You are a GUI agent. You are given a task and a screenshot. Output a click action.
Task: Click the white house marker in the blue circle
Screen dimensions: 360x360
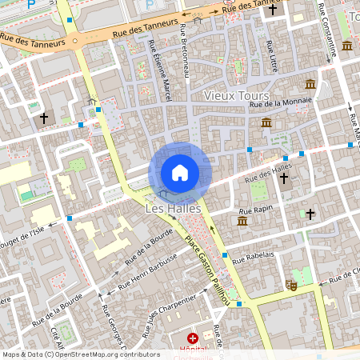180,173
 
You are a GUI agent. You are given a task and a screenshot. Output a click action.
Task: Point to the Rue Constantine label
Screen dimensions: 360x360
329,32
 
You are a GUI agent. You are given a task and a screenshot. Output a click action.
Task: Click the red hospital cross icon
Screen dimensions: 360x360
192,339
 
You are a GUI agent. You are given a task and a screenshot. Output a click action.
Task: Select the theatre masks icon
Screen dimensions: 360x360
293,284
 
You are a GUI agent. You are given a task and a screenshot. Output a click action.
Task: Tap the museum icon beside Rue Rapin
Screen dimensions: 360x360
242,220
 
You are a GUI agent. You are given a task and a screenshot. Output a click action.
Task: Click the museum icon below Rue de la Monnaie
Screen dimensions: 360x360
266,122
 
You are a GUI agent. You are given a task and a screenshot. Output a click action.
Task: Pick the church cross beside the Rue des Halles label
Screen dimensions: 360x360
284,178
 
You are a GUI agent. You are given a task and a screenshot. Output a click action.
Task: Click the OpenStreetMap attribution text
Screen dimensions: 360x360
81,354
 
